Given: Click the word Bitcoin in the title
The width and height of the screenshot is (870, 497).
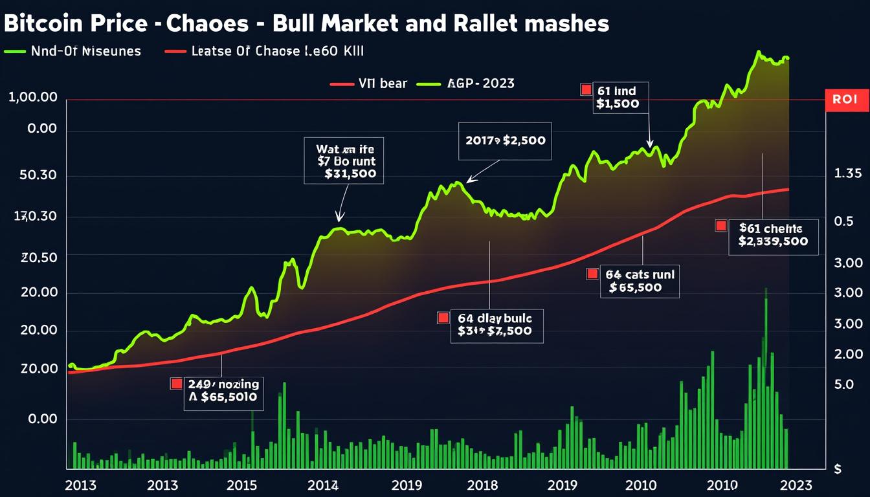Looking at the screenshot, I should point(41,24).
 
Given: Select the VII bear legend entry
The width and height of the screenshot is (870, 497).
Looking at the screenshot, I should point(369,83).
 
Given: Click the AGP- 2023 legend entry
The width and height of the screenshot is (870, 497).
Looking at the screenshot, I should point(466,83).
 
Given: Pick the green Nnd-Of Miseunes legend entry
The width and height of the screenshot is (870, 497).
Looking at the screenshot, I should point(72,51).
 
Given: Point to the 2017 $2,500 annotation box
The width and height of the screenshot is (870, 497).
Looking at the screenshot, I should point(505,140).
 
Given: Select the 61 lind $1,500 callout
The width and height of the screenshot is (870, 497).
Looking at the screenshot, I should point(621,98).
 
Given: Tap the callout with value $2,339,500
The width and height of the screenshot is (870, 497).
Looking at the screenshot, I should point(772,236).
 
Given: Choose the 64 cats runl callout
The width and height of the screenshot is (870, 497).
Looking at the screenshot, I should point(640,281).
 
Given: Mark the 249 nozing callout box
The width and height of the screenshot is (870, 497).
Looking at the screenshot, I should point(222,391).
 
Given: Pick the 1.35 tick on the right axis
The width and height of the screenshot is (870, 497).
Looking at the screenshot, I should point(848,173).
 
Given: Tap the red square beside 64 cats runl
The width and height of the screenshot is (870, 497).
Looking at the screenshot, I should point(592,274).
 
